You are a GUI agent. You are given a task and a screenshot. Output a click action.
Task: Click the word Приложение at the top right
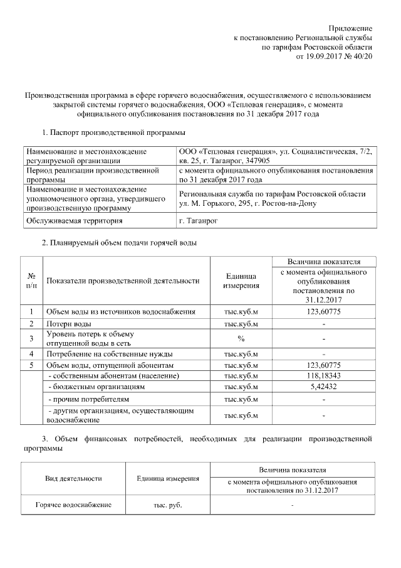(351, 29)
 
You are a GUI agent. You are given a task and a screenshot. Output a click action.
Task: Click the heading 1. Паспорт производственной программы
(113, 133)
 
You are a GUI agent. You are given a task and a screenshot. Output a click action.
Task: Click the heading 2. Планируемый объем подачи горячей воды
(119, 242)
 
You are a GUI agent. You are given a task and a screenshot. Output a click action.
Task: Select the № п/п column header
(31, 281)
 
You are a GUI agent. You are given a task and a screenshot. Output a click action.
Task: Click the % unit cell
(241, 338)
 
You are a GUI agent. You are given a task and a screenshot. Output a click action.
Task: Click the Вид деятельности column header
(73, 478)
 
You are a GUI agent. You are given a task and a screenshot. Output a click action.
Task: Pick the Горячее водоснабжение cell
(73, 505)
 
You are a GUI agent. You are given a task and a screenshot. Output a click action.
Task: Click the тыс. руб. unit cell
(168, 505)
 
